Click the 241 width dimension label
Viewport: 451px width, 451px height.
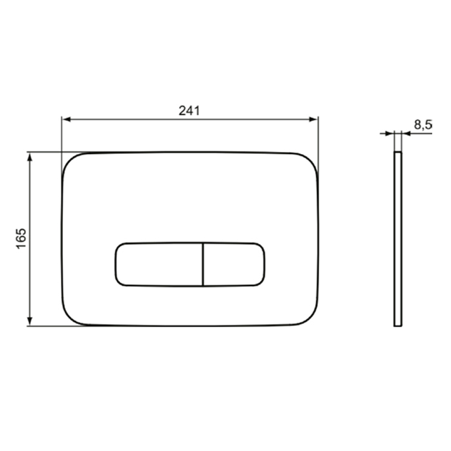point(189,111)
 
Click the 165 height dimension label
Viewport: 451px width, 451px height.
point(21,238)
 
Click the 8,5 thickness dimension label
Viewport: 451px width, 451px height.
point(423,125)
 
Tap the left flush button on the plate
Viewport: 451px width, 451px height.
point(159,265)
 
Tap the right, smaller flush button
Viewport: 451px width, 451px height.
point(234,265)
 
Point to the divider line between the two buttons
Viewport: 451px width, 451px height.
point(203,265)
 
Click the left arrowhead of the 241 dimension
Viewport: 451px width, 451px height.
point(66,119)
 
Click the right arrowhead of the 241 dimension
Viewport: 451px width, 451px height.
point(313,119)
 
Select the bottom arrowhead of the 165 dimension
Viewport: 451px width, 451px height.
point(30,321)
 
